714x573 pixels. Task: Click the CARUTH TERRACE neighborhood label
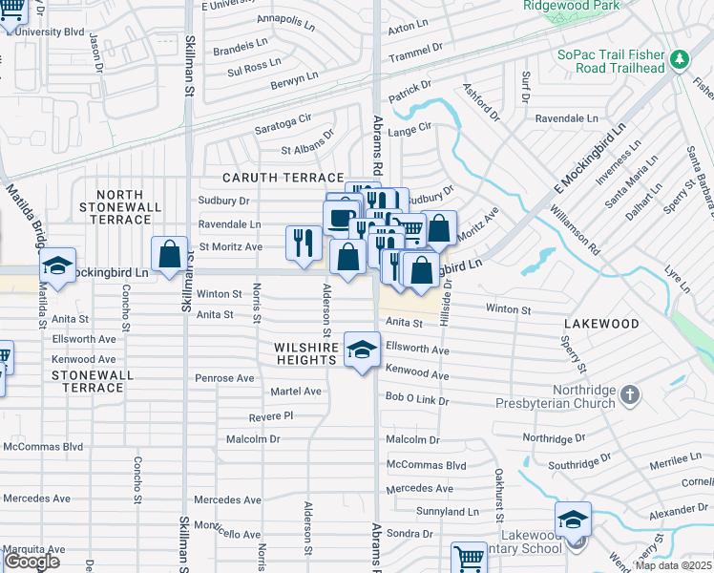pyautogui.click(x=283, y=178)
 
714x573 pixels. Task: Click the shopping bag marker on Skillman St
pyautogui.click(x=169, y=256)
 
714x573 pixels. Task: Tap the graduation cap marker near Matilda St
pyautogui.click(x=57, y=268)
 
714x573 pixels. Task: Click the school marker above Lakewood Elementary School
pyautogui.click(x=573, y=520)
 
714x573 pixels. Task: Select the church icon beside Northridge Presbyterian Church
pyautogui.click(x=629, y=394)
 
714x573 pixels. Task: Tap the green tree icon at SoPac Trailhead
pyautogui.click(x=679, y=60)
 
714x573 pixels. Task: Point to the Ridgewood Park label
pyautogui.click(x=572, y=6)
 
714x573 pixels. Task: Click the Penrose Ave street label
pyautogui.click(x=224, y=378)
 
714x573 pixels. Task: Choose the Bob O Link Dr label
pyautogui.click(x=416, y=396)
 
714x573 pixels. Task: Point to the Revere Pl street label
pyautogui.click(x=270, y=416)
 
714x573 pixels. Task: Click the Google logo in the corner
pyautogui.click(x=31, y=562)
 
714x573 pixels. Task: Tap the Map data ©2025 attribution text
pyautogui.click(x=673, y=565)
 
